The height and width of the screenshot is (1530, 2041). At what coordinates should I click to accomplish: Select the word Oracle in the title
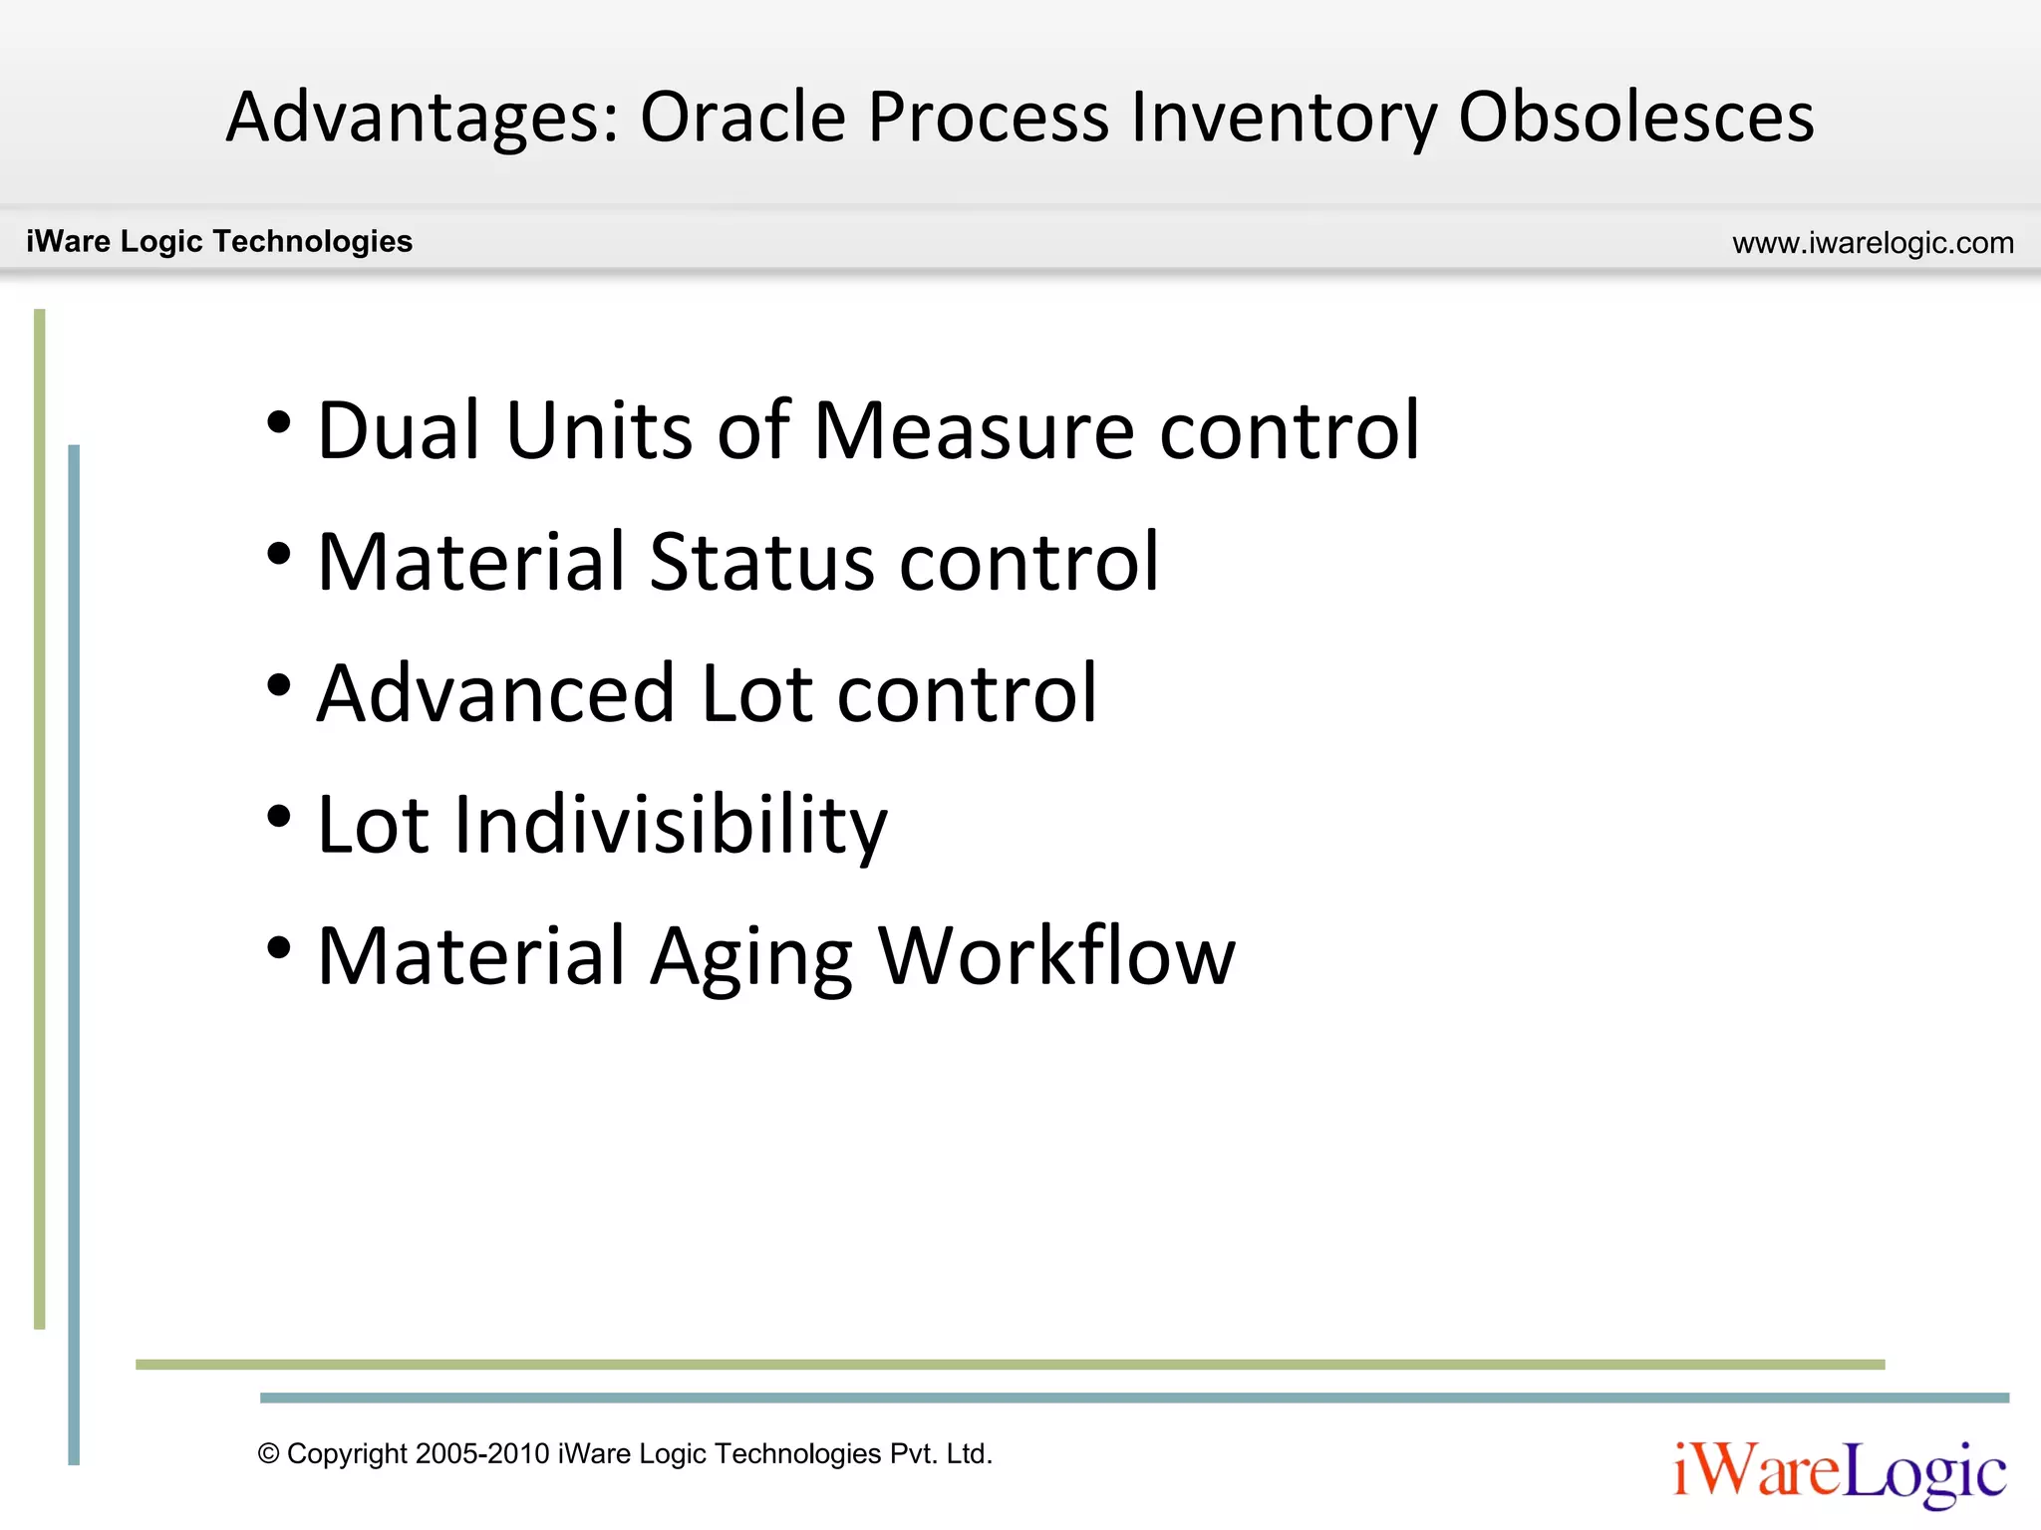[x=742, y=118]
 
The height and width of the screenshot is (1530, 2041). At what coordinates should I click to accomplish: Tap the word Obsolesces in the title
[x=1636, y=118]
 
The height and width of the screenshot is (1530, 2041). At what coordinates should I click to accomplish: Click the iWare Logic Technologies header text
[x=219, y=241]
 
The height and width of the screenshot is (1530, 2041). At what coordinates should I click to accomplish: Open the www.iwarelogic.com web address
[x=1873, y=243]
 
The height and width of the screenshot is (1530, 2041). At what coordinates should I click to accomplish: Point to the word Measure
[x=974, y=430]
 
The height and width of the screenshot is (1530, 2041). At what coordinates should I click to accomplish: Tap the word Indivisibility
[x=670, y=825]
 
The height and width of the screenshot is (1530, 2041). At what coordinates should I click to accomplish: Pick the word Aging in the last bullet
[x=751, y=956]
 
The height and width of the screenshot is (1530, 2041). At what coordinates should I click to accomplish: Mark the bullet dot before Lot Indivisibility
[x=279, y=817]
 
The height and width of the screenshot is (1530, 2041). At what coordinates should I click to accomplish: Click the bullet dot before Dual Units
[x=279, y=422]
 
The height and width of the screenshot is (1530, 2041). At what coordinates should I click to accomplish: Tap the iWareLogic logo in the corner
[x=1840, y=1472]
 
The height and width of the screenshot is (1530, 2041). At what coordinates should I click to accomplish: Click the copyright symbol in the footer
[x=268, y=1454]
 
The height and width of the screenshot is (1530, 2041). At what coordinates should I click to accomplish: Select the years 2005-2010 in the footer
[x=482, y=1454]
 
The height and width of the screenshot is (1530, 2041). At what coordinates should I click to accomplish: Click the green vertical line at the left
[x=40, y=817]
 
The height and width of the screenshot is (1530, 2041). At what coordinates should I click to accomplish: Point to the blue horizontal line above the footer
[x=1134, y=1398]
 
